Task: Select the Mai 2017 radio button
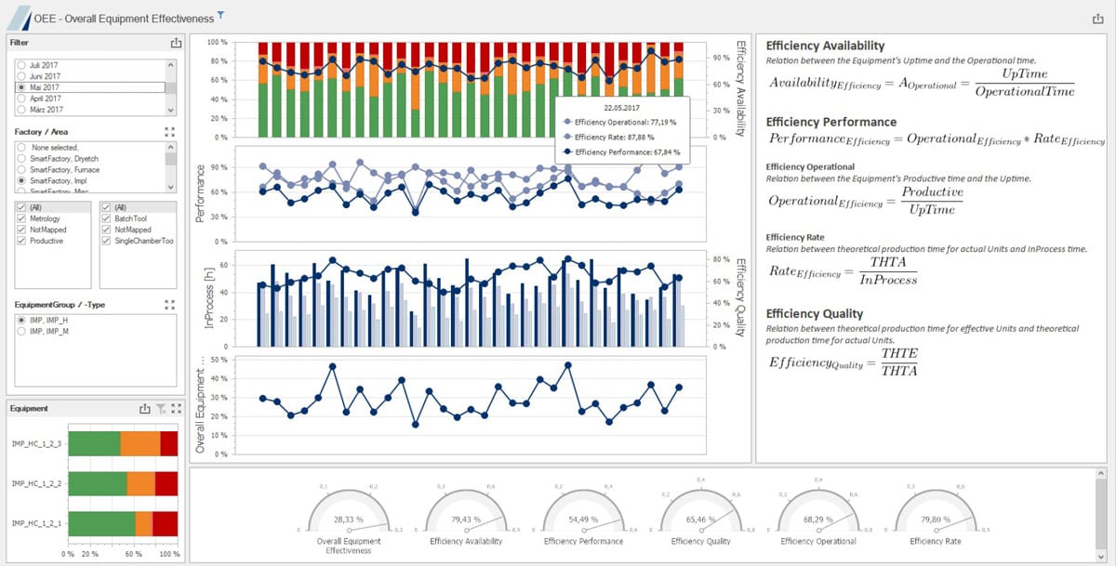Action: (x=20, y=87)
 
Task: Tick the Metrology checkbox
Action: (x=20, y=218)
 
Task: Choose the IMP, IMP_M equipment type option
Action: (x=20, y=331)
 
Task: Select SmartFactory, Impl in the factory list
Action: (x=20, y=180)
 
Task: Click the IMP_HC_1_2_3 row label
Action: (x=35, y=444)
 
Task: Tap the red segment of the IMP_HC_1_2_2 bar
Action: (x=166, y=483)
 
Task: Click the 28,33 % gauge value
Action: (x=348, y=519)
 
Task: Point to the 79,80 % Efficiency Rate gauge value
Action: (x=935, y=519)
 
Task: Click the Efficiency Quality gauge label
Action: (x=700, y=541)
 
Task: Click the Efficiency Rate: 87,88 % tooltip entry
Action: (x=620, y=137)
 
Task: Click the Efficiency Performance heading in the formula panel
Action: (x=830, y=122)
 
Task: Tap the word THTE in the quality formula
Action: (x=898, y=353)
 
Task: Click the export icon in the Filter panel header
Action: (x=176, y=42)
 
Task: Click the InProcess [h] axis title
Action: (x=209, y=296)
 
